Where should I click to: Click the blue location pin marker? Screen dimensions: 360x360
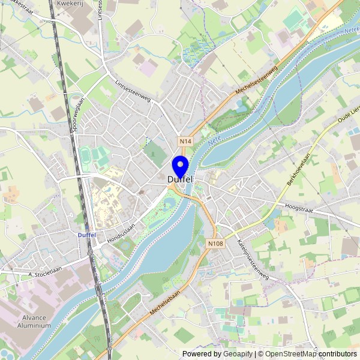(180, 166)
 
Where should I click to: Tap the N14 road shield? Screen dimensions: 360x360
(186, 141)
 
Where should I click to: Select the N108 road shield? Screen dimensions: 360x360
(216, 244)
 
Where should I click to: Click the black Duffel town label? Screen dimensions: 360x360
(180, 179)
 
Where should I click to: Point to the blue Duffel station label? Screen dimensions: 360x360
(87, 235)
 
